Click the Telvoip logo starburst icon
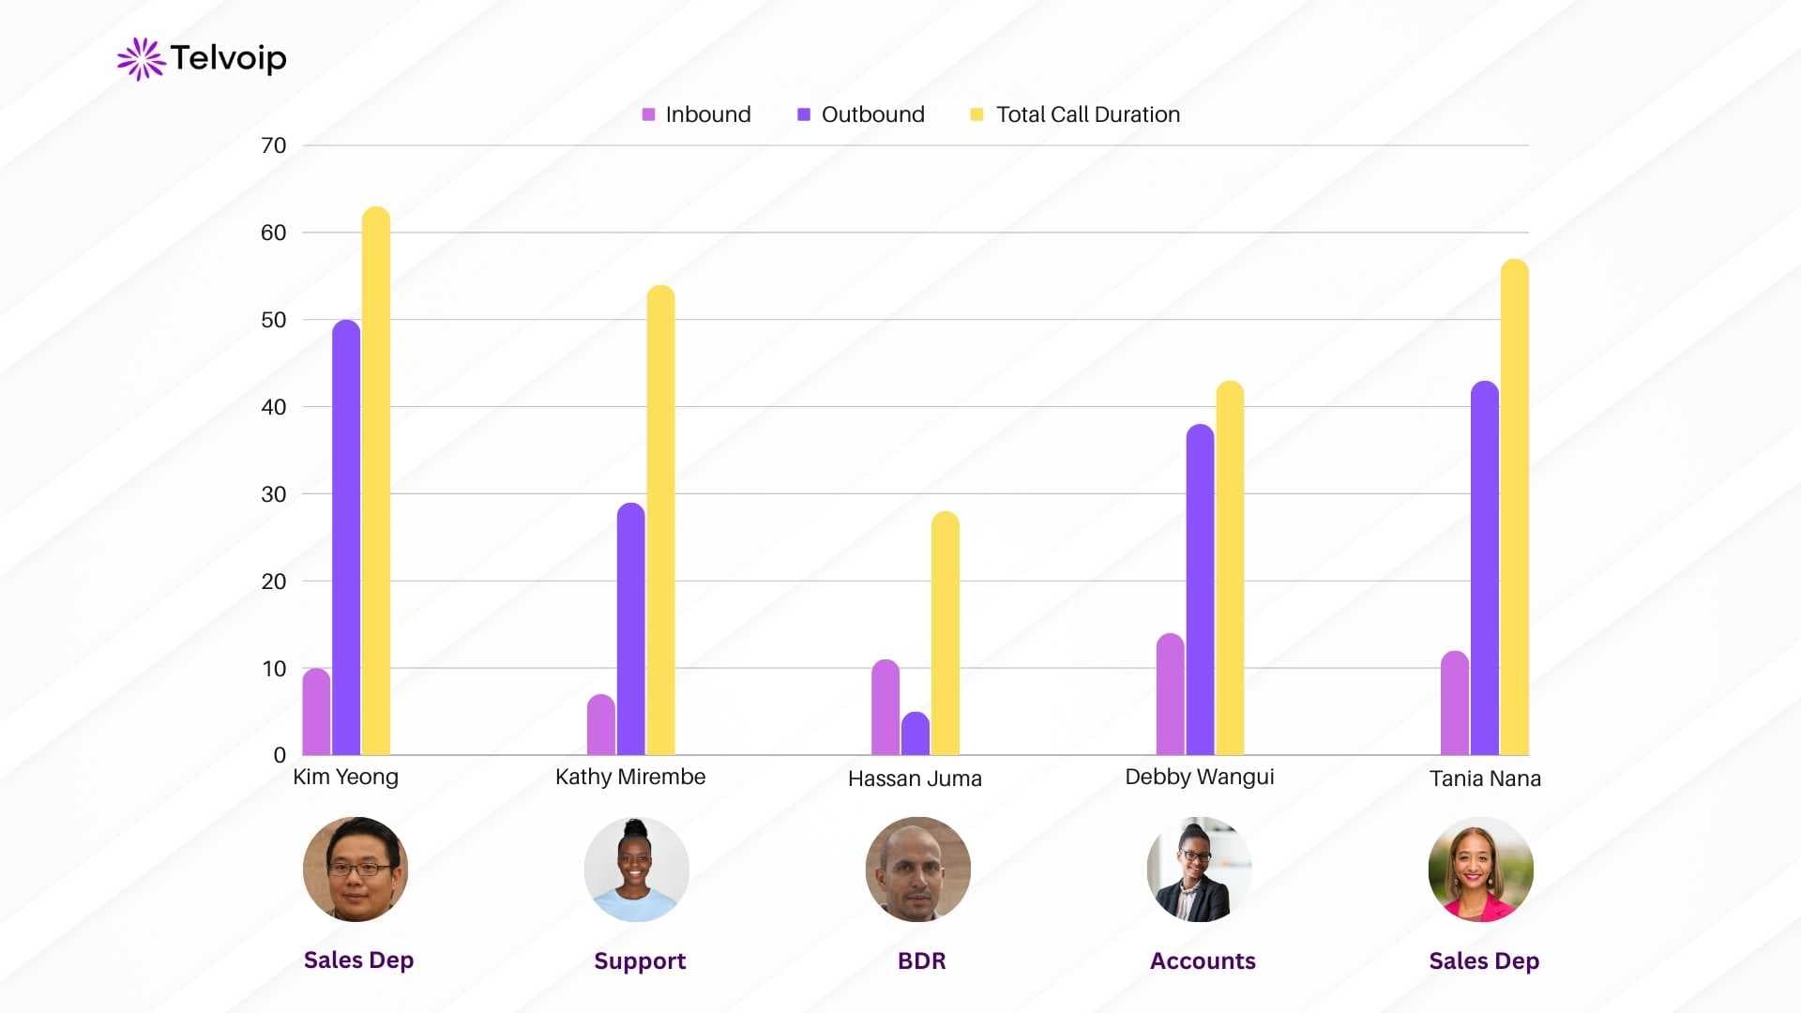click(141, 59)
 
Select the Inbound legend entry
click(696, 114)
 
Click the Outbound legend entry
click(860, 114)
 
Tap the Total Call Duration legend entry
click(1075, 114)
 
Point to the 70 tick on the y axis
click(273, 145)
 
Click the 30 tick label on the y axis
click(273, 494)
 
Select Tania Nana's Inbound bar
click(1455, 703)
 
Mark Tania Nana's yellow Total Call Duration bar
click(1514, 506)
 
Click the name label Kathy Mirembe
click(630, 777)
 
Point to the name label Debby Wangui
click(1199, 777)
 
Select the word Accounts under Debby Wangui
click(1203, 960)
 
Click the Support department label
click(640, 960)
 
